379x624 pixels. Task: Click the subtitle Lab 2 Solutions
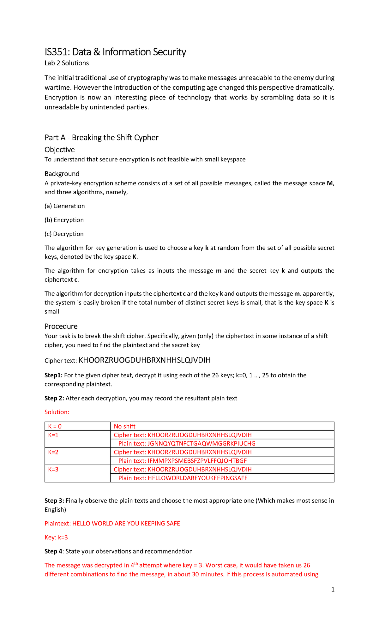pos(67,63)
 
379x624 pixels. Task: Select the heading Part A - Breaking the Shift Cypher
pos(101,138)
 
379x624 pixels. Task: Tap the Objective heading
pos(60,150)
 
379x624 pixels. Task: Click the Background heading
pos(62,174)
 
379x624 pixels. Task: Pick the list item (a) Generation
pos(65,206)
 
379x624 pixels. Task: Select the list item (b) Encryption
pos(64,220)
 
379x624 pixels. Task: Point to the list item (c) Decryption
pos(64,234)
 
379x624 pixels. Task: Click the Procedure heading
pos(61,326)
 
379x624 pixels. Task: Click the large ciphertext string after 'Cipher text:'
pos(144,360)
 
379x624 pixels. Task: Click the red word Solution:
pos(57,412)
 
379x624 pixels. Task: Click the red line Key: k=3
pos(56,537)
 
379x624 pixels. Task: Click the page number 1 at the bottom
pos(333,589)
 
